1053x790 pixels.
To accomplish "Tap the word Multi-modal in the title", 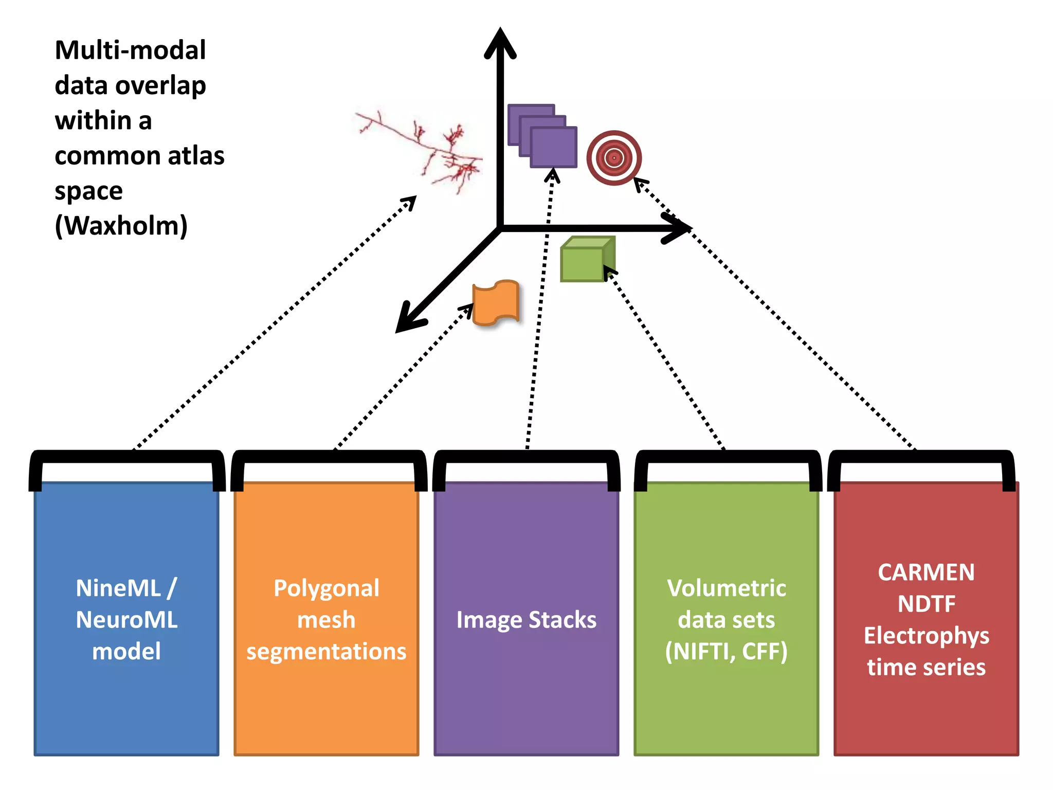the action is click(x=130, y=50).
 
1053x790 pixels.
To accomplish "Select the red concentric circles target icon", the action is click(x=614, y=158).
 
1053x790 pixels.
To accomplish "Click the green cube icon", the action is click(x=588, y=259).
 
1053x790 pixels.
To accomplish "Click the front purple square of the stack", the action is click(x=554, y=148).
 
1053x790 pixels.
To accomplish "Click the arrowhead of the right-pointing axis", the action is click(x=677, y=228).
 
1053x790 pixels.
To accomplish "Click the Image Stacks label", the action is click(x=526, y=620).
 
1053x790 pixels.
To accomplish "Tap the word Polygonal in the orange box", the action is click(x=326, y=588).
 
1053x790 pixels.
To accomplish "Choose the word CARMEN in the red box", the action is click(x=926, y=572).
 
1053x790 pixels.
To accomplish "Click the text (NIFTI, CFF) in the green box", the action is click(x=726, y=652).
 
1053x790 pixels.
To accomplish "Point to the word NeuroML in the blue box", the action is click(x=126, y=620).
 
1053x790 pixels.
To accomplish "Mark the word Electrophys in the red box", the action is click(x=927, y=636).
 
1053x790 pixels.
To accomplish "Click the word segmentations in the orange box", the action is click(x=326, y=652).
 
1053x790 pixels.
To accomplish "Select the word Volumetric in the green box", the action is click(x=727, y=588).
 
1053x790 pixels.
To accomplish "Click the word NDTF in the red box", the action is click(x=927, y=604).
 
